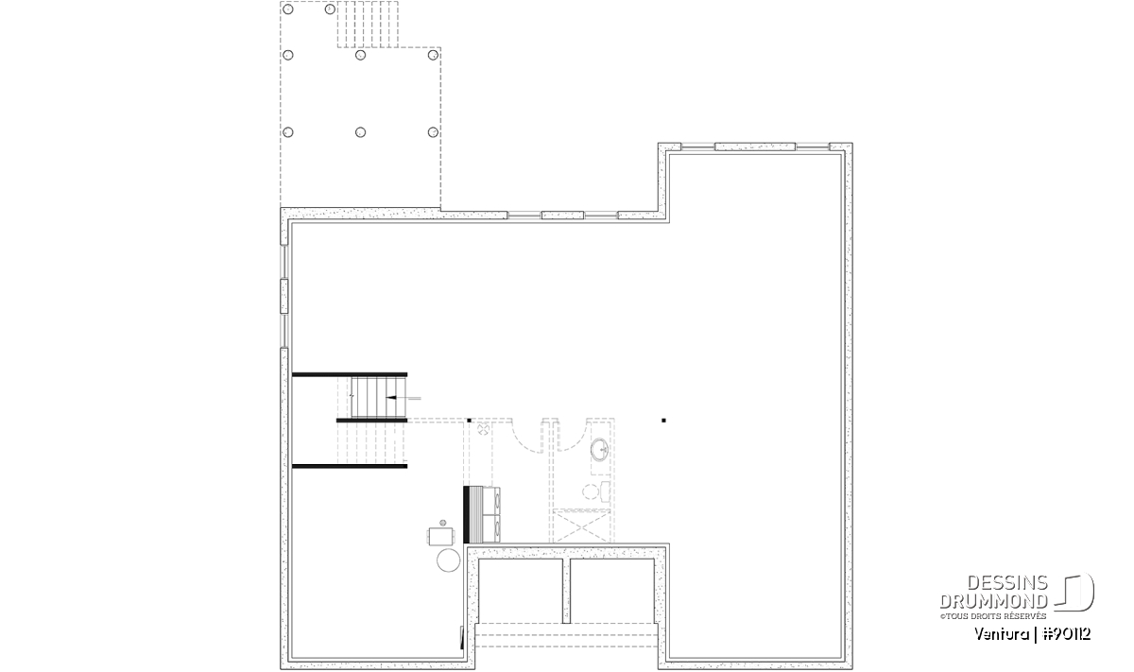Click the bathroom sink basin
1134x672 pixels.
[x=599, y=450]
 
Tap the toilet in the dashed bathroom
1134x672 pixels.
[x=596, y=491]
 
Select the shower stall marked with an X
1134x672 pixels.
[x=582, y=526]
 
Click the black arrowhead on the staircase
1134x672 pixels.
[x=390, y=398]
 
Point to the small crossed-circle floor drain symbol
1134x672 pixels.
[x=483, y=429]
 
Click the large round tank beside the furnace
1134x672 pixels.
[x=448, y=560]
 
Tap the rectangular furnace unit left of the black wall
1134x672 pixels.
[x=441, y=536]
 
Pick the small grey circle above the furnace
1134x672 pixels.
[x=443, y=522]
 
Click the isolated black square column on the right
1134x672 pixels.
[x=663, y=421]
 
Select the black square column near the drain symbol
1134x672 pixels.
[x=469, y=421]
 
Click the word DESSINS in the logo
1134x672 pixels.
[x=1007, y=583]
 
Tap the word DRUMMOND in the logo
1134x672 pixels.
[x=993, y=601]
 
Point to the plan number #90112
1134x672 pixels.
[x=1067, y=634]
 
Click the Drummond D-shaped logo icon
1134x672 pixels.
[x=1074, y=592]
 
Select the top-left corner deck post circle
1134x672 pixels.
[x=287, y=9]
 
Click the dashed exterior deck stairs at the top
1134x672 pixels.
[x=368, y=25]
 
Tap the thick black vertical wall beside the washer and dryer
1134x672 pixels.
[x=466, y=515]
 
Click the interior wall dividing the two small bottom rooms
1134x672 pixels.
[x=566, y=591]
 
